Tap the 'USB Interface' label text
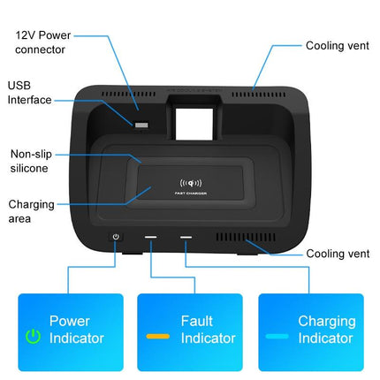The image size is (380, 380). [x=30, y=94]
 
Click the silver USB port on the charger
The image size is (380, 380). [x=141, y=124]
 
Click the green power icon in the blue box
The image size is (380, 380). [x=33, y=337]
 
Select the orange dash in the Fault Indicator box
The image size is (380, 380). [x=157, y=337]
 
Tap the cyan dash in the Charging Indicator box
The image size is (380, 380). [x=277, y=337]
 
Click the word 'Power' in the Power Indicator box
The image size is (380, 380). [x=69, y=321]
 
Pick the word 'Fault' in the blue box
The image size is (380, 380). [x=196, y=321]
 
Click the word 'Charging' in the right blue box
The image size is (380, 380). [x=326, y=321]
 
